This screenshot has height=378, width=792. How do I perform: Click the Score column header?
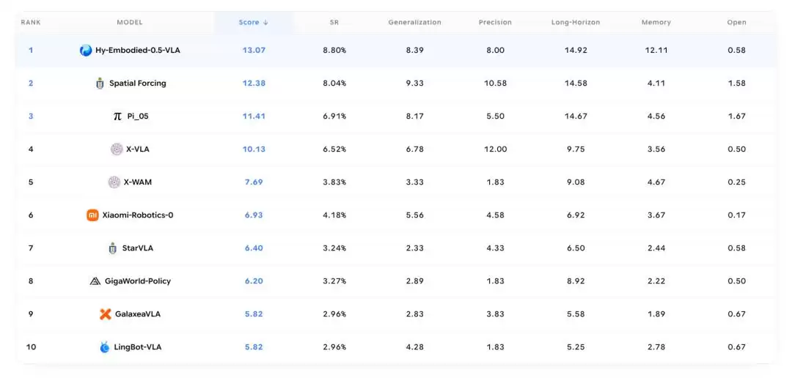(x=249, y=22)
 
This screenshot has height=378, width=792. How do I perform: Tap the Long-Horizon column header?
(x=576, y=22)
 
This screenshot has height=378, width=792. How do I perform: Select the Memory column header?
(x=656, y=22)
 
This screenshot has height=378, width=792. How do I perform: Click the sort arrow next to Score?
(x=265, y=22)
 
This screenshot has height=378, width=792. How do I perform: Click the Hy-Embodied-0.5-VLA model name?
(x=138, y=50)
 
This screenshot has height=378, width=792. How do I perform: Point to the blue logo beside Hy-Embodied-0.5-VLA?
(x=86, y=50)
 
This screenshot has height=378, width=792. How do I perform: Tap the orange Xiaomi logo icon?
(x=92, y=215)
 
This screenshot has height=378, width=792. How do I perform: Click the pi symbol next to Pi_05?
(x=117, y=116)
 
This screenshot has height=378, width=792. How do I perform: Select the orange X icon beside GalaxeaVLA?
(x=105, y=314)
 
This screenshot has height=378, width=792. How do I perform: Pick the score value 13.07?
(x=254, y=50)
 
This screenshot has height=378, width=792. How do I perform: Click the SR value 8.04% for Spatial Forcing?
(x=334, y=84)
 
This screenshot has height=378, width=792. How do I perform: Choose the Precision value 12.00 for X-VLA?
(x=495, y=149)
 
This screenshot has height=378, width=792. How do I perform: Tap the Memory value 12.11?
(x=656, y=50)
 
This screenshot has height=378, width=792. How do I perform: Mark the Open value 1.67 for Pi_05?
(x=736, y=116)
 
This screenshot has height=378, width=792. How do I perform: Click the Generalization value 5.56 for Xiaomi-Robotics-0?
(x=414, y=215)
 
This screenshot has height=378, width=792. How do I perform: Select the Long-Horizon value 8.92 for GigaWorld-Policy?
(x=576, y=281)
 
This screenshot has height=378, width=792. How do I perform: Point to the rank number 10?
(x=31, y=346)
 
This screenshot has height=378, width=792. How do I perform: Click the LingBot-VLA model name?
(x=138, y=346)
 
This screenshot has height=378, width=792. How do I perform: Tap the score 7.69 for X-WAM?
(x=254, y=182)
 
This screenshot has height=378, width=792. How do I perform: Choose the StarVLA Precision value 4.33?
(x=495, y=248)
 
